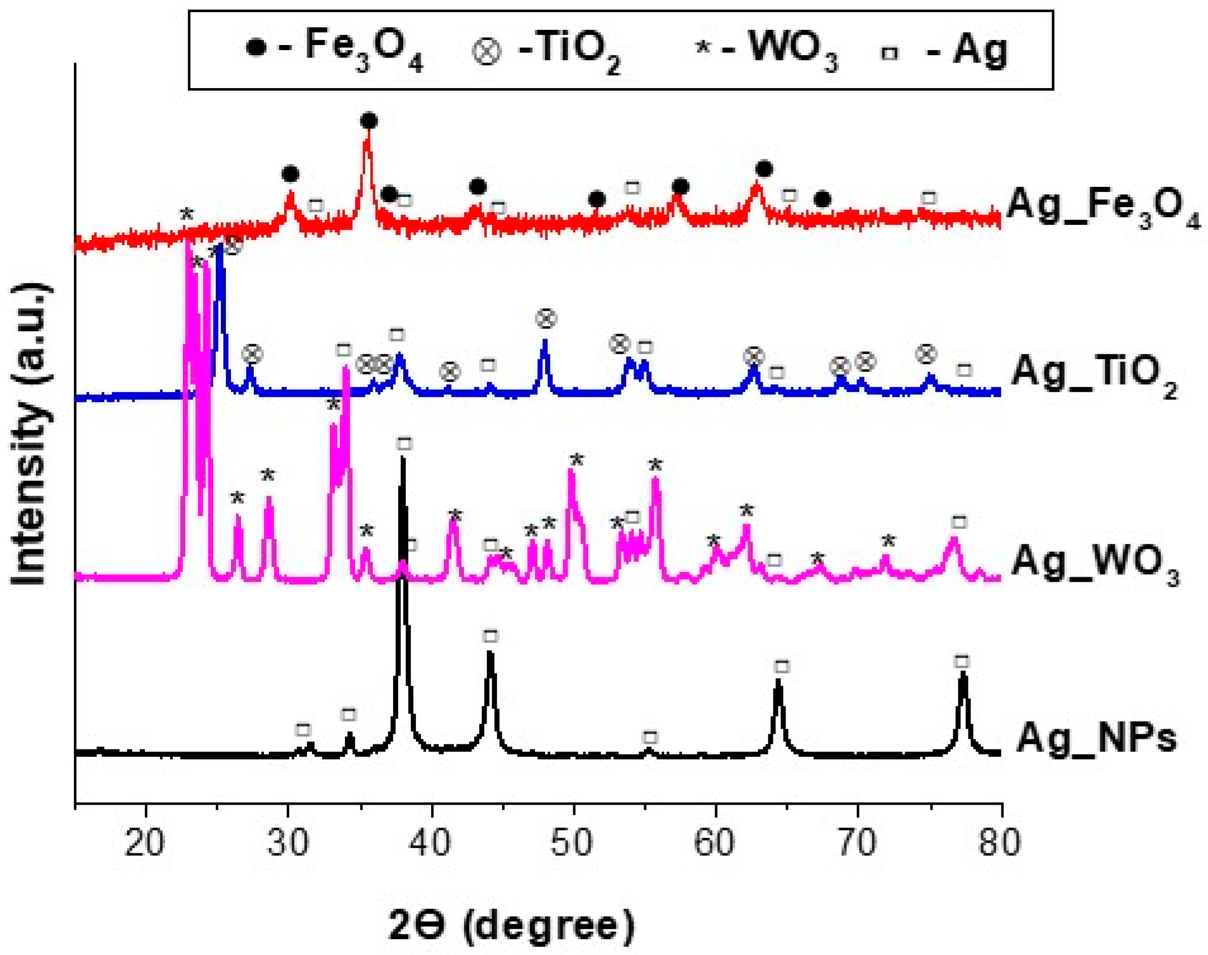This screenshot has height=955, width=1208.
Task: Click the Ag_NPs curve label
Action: tap(1096, 738)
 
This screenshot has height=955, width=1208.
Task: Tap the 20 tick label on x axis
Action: tap(145, 843)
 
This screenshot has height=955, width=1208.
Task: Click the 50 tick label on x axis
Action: tap(573, 843)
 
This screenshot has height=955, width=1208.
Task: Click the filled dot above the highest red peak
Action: tap(369, 121)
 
